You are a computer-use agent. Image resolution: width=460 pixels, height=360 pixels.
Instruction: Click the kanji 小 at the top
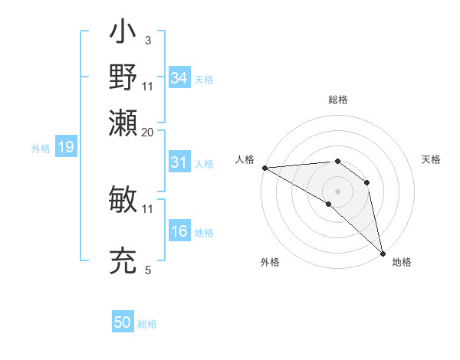tap(123, 34)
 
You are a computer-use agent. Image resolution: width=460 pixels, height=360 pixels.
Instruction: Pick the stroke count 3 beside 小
tap(148, 41)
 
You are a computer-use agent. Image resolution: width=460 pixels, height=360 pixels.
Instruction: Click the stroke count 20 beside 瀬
tap(148, 132)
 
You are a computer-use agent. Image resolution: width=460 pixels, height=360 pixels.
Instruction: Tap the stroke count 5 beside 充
tap(148, 270)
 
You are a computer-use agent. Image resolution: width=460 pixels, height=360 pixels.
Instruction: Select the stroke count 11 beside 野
tap(148, 86)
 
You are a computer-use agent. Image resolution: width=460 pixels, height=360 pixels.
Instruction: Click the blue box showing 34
tap(179, 78)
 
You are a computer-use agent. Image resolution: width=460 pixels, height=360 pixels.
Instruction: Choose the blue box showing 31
tap(179, 162)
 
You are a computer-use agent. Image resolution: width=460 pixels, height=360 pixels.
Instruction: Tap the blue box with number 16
tap(179, 231)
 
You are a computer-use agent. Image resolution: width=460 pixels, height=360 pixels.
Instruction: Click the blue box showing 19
tap(65, 147)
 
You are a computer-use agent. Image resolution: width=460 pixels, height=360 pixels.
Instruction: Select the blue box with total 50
tap(122, 322)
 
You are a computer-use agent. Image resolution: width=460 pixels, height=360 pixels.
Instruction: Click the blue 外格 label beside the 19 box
tap(40, 149)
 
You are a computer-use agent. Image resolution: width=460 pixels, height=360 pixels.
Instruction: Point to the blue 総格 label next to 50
tap(147, 324)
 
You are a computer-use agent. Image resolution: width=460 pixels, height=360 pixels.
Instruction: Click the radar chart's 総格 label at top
tap(337, 100)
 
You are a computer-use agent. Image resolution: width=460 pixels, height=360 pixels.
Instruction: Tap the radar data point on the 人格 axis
tap(264, 167)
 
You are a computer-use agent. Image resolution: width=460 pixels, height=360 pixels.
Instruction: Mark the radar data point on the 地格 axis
tap(382, 252)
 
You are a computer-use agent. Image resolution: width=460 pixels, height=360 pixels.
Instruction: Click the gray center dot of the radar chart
tap(337, 190)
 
